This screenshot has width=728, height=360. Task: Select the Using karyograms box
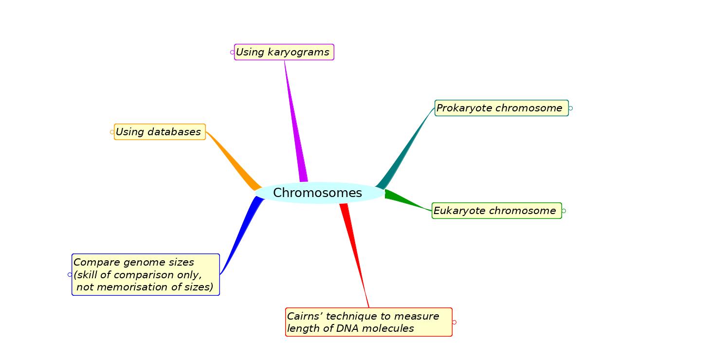(284, 52)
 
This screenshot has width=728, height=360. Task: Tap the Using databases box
(160, 132)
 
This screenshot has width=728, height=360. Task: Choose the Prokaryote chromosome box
(501, 108)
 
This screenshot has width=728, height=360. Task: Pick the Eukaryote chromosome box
(496, 211)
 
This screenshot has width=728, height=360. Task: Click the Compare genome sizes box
(146, 274)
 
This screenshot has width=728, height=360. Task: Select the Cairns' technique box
(368, 322)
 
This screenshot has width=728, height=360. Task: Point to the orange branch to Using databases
(234, 161)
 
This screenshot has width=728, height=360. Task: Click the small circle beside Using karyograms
(232, 52)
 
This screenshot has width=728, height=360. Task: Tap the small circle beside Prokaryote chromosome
(571, 108)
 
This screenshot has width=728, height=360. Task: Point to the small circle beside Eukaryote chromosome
(564, 211)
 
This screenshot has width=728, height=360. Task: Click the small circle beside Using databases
(112, 132)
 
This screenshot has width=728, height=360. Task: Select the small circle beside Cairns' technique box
(455, 322)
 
